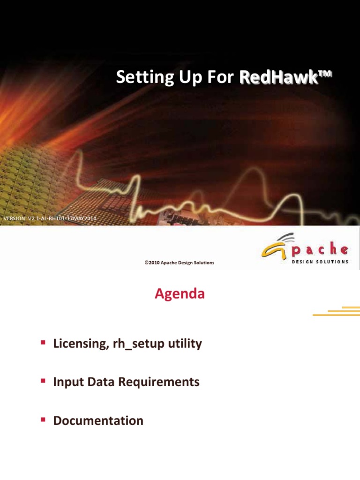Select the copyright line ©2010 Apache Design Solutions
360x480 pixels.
(x=180, y=263)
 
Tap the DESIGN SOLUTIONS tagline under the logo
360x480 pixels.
(x=320, y=262)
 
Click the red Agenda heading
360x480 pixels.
(x=180, y=294)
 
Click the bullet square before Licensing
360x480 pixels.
(x=42, y=343)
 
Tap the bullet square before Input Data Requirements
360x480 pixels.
(x=42, y=382)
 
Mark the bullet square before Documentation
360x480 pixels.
(x=42, y=420)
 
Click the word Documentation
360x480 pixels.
(x=98, y=421)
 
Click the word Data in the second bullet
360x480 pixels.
(x=100, y=382)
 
